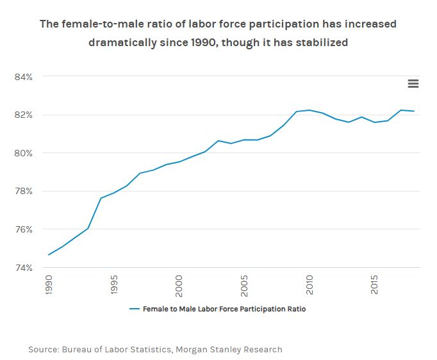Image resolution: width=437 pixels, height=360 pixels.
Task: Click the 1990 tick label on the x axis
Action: (x=49, y=285)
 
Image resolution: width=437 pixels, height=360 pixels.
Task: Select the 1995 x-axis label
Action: (x=115, y=285)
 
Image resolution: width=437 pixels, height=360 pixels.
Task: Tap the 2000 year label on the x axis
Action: (x=180, y=285)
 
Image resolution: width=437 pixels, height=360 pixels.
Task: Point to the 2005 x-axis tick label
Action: (x=245, y=285)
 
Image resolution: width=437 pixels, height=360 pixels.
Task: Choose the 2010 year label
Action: (x=311, y=285)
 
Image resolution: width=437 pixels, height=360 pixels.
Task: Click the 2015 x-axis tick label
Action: (x=376, y=285)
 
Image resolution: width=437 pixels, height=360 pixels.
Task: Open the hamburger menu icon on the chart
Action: (x=413, y=84)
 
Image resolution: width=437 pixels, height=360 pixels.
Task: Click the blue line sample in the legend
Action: (x=135, y=309)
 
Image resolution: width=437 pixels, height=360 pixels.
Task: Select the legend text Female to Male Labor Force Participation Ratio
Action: (x=224, y=309)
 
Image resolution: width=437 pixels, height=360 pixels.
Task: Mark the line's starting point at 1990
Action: (x=49, y=255)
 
